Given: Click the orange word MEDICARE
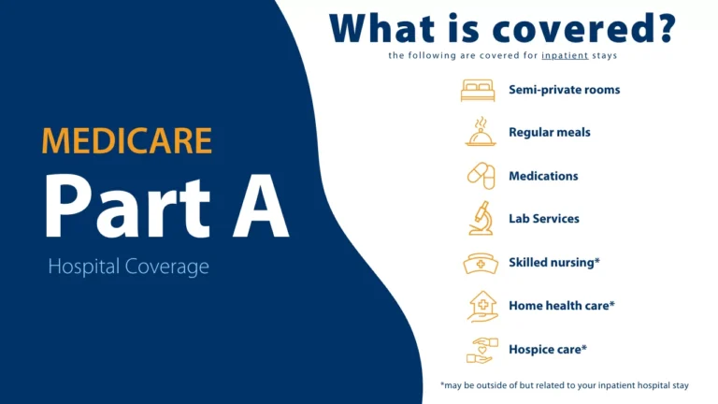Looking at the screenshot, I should (127, 139).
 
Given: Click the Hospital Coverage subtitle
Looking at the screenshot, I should (128, 267).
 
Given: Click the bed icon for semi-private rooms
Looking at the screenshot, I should (479, 91).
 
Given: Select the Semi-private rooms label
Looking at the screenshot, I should (564, 90).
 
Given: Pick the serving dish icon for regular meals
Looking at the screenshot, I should (479, 132).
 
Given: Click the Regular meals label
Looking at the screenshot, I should (549, 133).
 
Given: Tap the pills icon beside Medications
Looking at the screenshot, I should (480, 176).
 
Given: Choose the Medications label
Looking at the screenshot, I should (543, 176).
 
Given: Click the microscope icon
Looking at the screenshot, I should (480, 218).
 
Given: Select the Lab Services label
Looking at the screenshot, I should (543, 219).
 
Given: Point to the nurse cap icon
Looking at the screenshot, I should (479, 263).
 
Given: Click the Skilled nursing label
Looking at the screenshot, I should (553, 263).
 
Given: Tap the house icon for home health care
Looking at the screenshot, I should (480, 305).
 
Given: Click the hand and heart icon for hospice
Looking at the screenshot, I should (479, 350).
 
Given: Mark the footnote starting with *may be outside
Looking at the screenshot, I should (569, 384).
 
